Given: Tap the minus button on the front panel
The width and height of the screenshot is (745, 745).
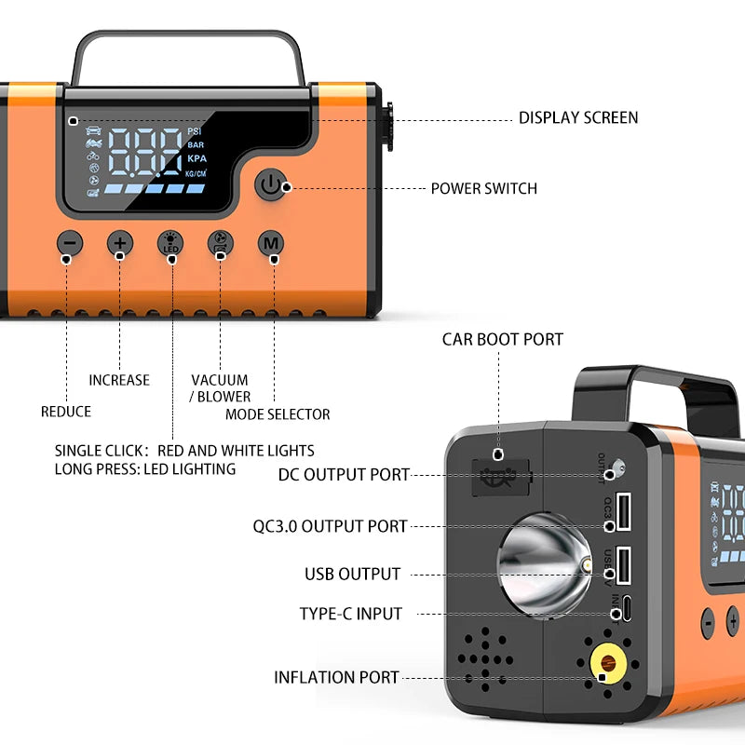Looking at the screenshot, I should [70, 244].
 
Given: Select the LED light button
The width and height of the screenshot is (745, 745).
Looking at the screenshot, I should [170, 244].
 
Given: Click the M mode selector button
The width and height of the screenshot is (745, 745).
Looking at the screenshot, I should [271, 244].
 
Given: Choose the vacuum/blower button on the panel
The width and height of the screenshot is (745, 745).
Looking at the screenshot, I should [221, 244].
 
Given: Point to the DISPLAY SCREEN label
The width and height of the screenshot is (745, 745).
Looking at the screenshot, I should [577, 117].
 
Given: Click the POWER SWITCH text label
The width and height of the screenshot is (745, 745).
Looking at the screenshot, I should [483, 188].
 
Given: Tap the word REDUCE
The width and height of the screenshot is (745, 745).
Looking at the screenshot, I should [66, 412].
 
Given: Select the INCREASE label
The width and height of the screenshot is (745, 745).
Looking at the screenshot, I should [119, 380].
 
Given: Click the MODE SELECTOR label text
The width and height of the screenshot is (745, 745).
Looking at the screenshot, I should [278, 413].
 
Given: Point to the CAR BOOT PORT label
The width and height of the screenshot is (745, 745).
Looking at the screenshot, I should [502, 340].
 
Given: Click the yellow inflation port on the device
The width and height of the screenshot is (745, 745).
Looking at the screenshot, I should [608, 665].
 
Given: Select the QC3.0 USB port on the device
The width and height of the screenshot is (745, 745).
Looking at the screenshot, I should [622, 510].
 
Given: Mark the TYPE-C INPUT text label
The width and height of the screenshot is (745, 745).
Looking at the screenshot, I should [350, 614].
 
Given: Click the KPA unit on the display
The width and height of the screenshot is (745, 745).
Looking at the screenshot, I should [196, 158].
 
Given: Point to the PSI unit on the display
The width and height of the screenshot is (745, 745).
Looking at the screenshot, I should [194, 131].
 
